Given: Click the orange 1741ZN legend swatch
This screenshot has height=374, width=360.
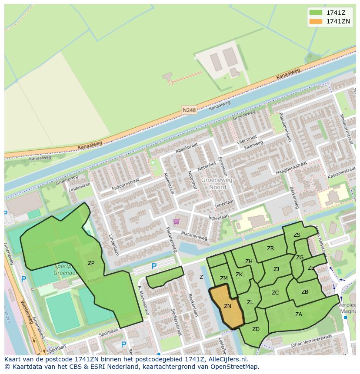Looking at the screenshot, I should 316,21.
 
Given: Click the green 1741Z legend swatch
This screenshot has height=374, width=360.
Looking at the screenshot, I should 316,13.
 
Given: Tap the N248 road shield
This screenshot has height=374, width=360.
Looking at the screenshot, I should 189,110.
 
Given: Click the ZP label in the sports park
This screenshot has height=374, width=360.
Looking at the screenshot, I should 91,263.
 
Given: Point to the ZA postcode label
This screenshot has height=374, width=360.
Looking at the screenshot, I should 299,314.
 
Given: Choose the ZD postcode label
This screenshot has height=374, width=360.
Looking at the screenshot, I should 256,329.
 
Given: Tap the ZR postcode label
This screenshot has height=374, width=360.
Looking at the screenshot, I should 270,248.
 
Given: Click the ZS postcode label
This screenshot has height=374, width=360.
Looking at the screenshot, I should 297,235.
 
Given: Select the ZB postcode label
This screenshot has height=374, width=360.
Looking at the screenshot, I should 305,292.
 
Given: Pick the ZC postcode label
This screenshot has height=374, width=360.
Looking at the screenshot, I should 275,293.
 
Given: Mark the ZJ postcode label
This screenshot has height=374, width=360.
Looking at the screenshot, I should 277,269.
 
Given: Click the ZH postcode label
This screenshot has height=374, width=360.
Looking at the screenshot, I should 249,261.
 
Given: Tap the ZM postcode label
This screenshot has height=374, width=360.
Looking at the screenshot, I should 224,278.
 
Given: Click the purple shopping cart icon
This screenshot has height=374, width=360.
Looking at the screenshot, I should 177,222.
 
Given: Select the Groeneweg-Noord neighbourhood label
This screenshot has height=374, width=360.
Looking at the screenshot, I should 217,184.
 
